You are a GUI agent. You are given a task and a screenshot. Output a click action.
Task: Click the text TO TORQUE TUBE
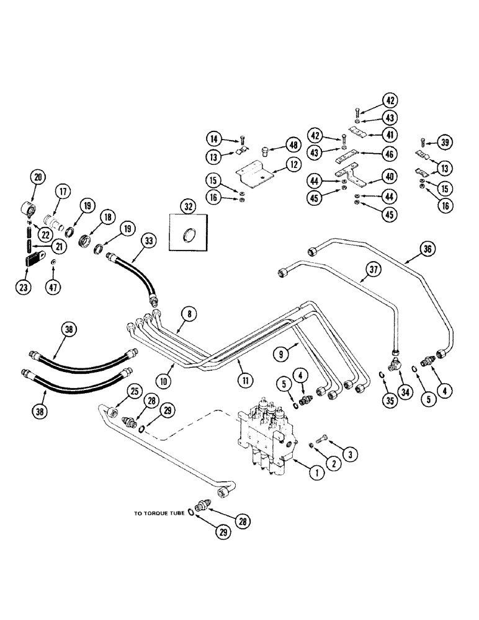click(160, 514)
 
